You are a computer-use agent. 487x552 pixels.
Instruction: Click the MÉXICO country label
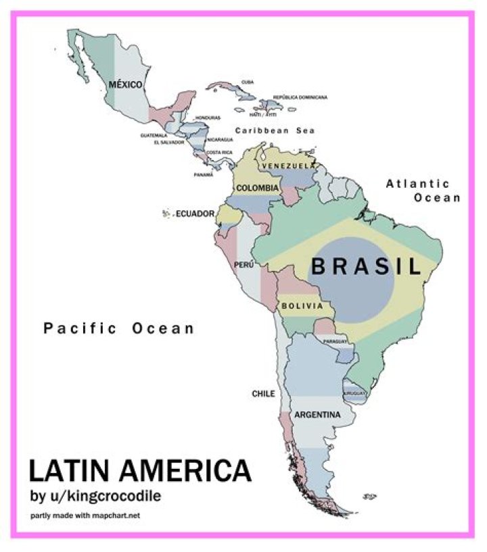pyautogui.click(x=126, y=84)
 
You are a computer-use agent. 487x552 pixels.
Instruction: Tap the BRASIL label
pyautogui.click(x=365, y=266)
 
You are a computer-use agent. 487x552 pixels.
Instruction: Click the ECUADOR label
pyautogui.click(x=195, y=215)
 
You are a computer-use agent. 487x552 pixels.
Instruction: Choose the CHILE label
pyautogui.click(x=262, y=393)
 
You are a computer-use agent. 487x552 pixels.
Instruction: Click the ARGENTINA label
pyautogui.click(x=316, y=414)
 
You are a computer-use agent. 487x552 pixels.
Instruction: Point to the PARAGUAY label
pyautogui.click(x=335, y=342)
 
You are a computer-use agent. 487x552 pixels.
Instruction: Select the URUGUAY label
pyautogui.click(x=354, y=393)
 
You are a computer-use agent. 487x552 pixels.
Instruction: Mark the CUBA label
pyautogui.click(x=248, y=82)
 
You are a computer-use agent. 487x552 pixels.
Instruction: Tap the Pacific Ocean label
pyautogui.click(x=119, y=329)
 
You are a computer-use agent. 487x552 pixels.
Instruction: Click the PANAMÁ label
pyautogui.click(x=204, y=174)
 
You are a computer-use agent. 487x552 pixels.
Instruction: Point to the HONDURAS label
pyautogui.click(x=208, y=118)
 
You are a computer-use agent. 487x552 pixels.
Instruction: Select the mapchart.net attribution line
pyautogui.click(x=86, y=517)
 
